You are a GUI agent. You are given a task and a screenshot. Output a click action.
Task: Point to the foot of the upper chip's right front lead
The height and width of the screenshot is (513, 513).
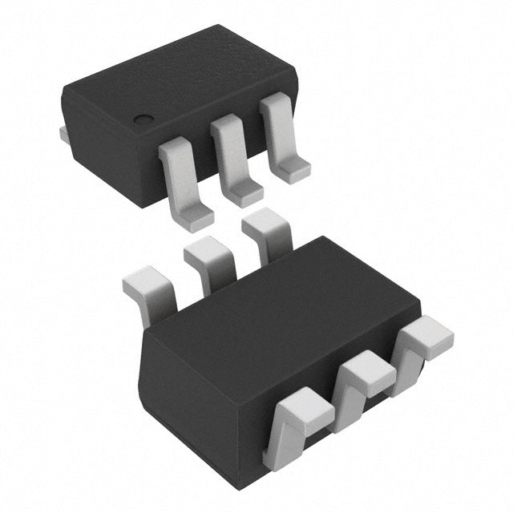[293, 168]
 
